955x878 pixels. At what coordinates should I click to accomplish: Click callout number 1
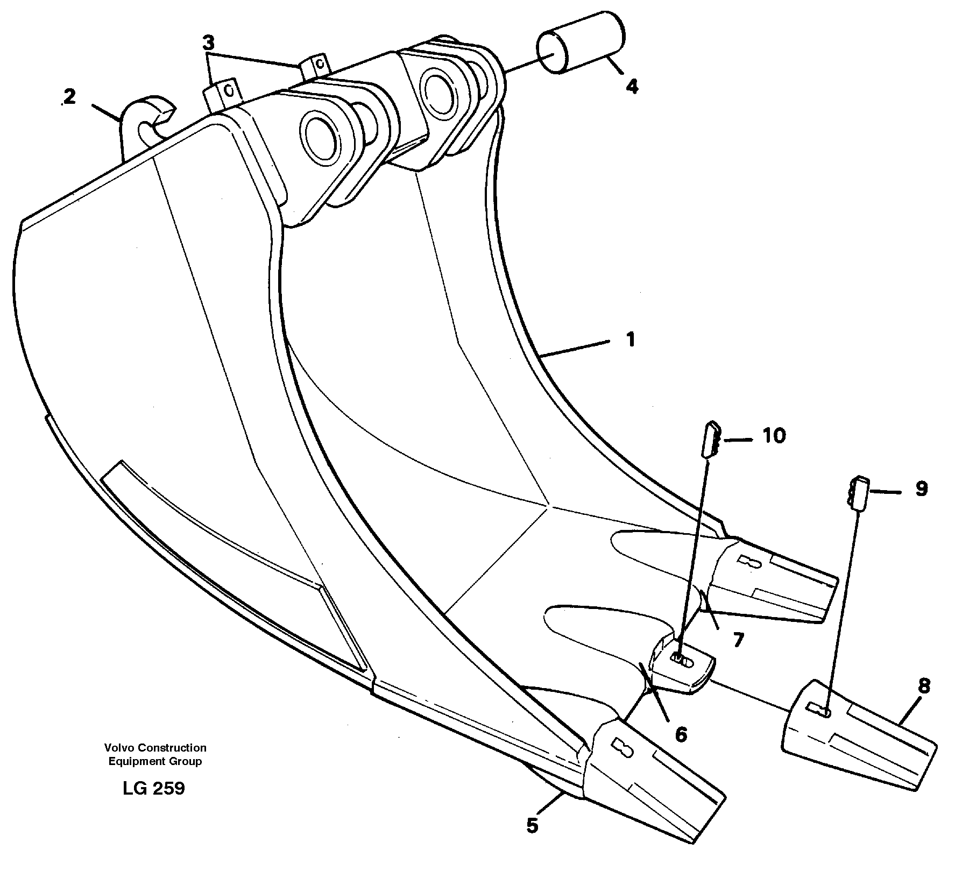point(630,340)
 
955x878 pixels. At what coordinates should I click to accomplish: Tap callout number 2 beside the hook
point(69,97)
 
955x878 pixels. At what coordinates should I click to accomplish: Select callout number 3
point(209,42)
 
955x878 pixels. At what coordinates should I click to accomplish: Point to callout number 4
point(632,86)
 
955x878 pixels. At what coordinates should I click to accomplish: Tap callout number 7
point(738,640)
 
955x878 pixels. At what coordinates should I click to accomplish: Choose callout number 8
point(924,686)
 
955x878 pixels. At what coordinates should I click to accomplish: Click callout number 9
point(921,489)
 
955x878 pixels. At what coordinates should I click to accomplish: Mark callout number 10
point(774,436)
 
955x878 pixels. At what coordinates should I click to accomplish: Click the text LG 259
point(153,788)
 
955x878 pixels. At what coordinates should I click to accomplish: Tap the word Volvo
point(119,747)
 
